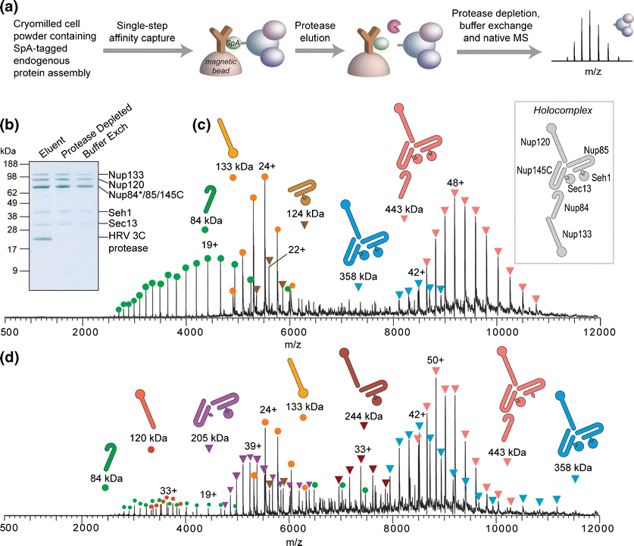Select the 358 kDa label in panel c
(x=358, y=270)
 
